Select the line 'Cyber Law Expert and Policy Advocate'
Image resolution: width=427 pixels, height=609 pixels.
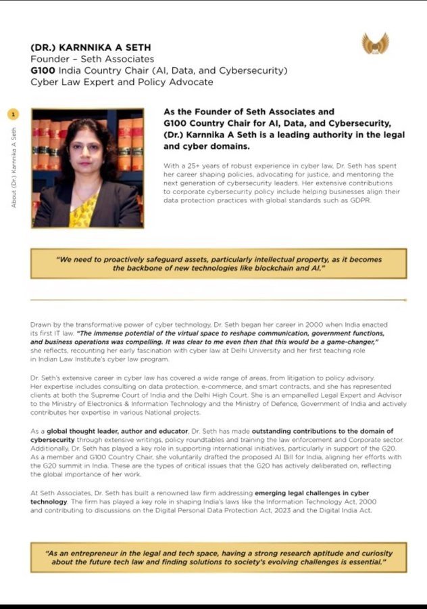(122, 82)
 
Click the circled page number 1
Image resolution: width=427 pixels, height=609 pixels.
(14, 114)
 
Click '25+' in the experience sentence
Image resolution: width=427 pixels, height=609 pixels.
(199, 166)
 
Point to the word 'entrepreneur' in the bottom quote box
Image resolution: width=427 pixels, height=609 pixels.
(94, 553)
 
